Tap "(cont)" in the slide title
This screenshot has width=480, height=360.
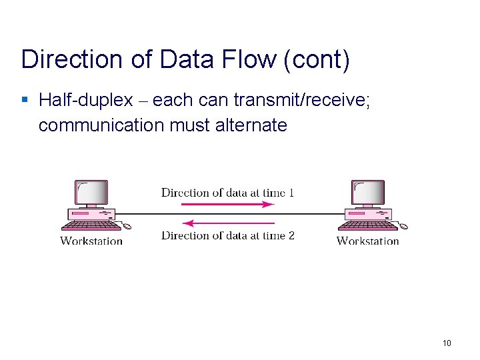(x=317, y=59)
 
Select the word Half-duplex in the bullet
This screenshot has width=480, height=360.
(x=86, y=101)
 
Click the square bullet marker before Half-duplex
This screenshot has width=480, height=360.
(x=25, y=101)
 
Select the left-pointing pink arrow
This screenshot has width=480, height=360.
(x=227, y=223)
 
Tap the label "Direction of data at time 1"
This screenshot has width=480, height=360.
(x=227, y=193)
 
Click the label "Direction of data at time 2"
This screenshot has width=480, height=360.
(x=227, y=235)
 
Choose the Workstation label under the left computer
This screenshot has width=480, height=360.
(x=91, y=241)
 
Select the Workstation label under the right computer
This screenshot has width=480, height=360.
(x=368, y=241)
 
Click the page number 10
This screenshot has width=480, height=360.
(x=447, y=343)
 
